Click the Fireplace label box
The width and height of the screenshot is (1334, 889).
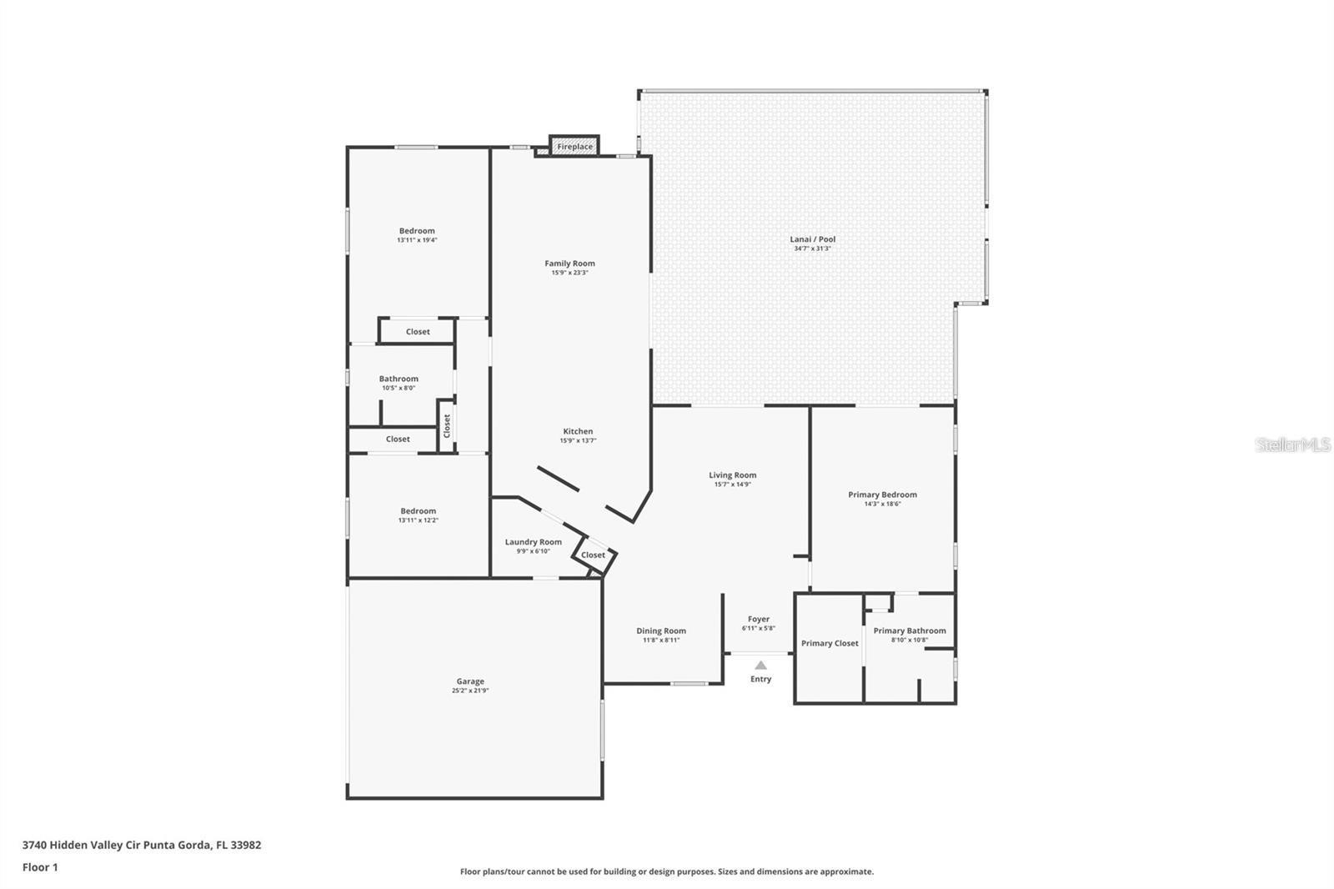574,147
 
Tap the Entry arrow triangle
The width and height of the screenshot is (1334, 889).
760,665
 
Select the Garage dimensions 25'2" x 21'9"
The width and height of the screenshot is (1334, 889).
470,691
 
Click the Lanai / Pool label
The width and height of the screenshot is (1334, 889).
812,239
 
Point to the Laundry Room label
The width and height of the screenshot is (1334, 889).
533,542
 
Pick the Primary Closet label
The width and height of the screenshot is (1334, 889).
829,643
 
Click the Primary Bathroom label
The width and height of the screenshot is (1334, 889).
909,630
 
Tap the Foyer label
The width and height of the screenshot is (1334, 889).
758,619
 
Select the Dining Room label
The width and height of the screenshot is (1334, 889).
660,630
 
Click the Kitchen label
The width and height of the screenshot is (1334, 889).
577,431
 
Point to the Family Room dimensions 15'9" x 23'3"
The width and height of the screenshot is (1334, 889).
569,273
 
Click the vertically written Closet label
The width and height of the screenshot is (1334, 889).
447,426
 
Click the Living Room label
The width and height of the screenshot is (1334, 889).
732,475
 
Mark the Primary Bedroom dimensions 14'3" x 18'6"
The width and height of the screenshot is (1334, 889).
882,504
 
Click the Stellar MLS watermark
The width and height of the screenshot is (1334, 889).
1293,444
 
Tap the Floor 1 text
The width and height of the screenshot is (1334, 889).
40,867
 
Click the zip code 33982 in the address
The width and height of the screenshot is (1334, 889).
247,845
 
